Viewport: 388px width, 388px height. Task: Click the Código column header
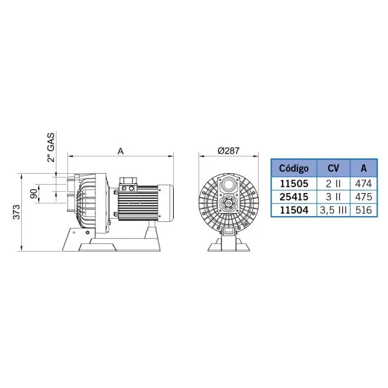tap(293, 169)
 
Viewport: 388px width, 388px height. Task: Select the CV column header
tap(333, 169)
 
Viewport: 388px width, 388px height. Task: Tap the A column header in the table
tap(364, 169)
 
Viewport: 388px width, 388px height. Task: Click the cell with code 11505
tap(294, 183)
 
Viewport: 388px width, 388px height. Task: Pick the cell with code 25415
tap(294, 197)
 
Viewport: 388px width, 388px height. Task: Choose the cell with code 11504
tap(294, 210)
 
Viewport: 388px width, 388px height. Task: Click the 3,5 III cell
tap(333, 210)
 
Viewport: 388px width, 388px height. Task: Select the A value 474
tap(364, 183)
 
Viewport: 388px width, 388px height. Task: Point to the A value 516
tap(364, 210)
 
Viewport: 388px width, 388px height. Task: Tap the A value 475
tap(364, 197)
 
